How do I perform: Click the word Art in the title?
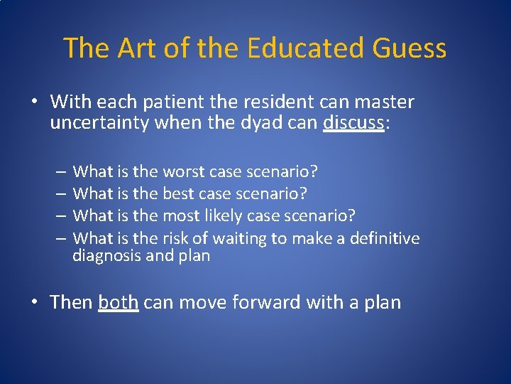133,48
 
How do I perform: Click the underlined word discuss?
353,124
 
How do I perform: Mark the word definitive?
384,238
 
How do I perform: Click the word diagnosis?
106,255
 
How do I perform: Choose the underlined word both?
118,302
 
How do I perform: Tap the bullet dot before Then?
33,303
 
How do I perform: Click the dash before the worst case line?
62,172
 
